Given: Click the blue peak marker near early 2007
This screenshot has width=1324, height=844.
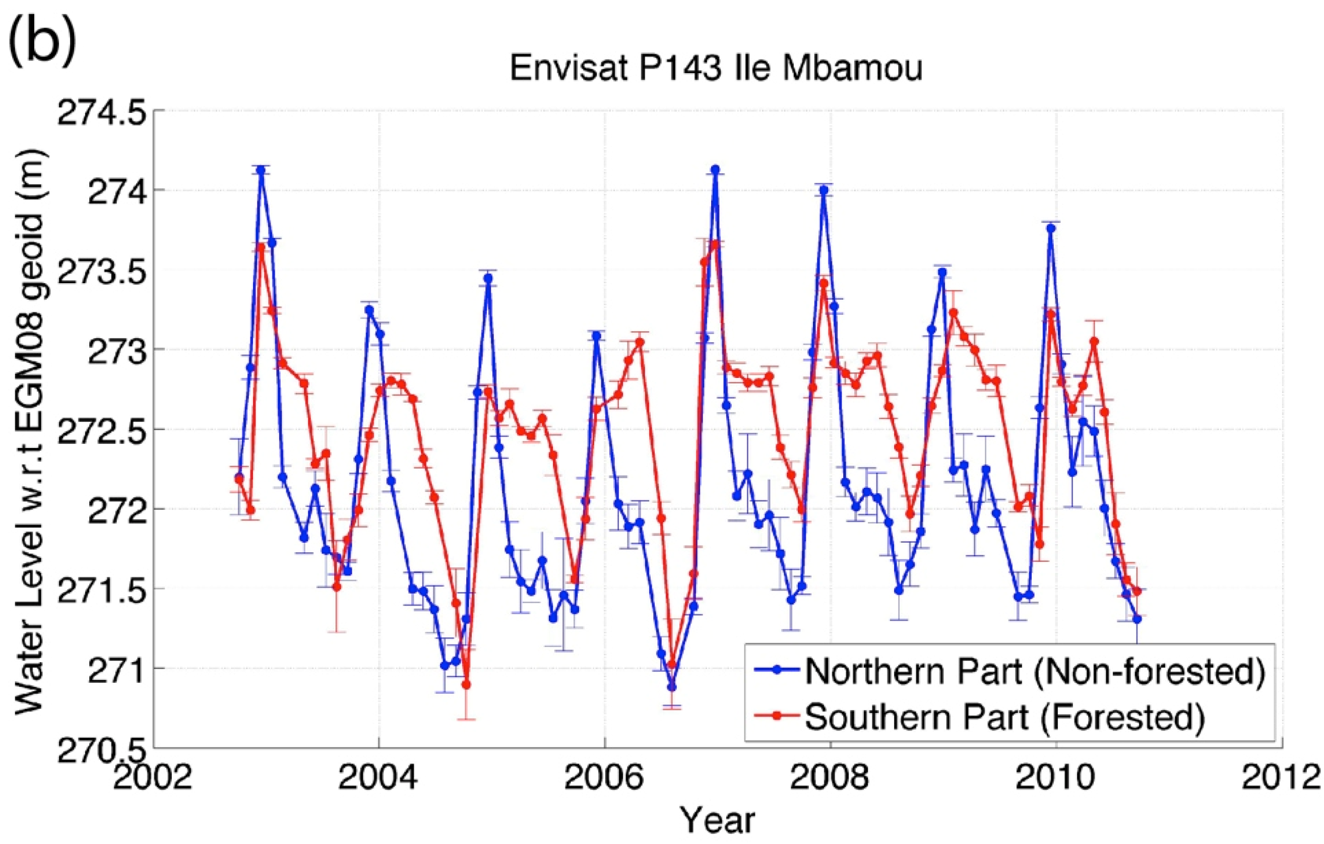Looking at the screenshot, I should tap(715, 169).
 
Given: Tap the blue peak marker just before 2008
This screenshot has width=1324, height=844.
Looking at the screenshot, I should tap(824, 189).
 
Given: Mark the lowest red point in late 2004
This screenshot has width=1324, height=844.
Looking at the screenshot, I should tap(466, 685).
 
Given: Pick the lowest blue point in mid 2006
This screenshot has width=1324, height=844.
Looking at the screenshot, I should tap(671, 687).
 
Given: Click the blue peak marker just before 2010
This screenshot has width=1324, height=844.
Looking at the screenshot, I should tap(1051, 228).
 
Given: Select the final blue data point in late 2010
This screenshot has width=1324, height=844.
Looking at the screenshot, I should tap(1137, 619).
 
